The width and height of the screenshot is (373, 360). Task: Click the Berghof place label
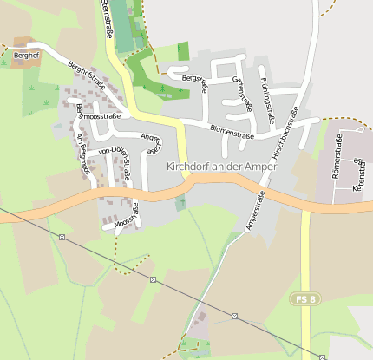click(x=27, y=55)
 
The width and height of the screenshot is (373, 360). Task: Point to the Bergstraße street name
click(x=195, y=83)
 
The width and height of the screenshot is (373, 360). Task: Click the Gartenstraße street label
click(x=242, y=93)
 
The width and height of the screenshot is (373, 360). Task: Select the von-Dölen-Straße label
click(x=115, y=161)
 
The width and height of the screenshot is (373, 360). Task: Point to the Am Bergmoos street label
click(x=83, y=154)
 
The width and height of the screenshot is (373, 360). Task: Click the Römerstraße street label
click(x=338, y=156)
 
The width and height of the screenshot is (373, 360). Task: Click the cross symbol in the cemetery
click(x=182, y=203)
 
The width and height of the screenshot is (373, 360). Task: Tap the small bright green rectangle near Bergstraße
click(x=182, y=51)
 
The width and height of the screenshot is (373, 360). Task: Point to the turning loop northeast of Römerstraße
click(x=357, y=160)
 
